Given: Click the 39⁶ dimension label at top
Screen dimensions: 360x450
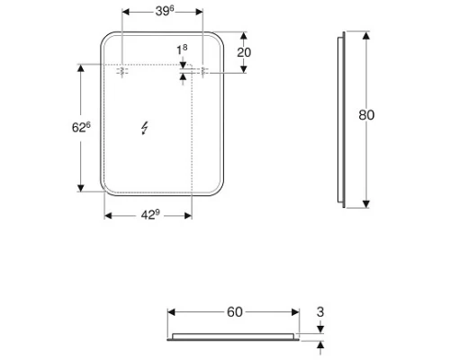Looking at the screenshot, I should (x=163, y=12).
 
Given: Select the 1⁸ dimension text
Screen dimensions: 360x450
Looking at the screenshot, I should (x=183, y=49).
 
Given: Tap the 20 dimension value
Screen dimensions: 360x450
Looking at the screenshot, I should (x=244, y=52).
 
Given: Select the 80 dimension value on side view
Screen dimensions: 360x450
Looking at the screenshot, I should (x=366, y=115).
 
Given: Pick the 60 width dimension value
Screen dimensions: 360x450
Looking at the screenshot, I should (x=234, y=312).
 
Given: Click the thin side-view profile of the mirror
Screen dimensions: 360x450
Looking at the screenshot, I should (x=340, y=120).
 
